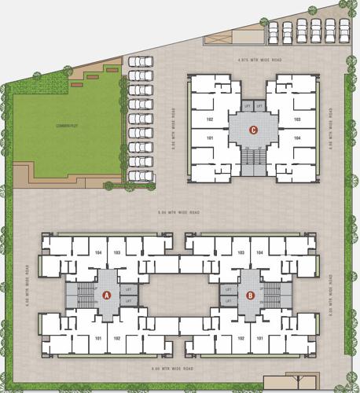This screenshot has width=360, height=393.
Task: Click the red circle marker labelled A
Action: (x=106, y=296)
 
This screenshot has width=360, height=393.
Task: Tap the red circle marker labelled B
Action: (x=250, y=296)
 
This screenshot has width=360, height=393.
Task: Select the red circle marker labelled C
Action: (x=253, y=130)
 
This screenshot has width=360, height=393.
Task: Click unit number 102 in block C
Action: (x=210, y=119)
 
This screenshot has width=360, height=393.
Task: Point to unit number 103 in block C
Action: (x=297, y=119)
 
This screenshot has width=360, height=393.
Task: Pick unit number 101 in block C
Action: (x=210, y=138)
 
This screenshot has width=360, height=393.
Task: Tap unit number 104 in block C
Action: (x=297, y=138)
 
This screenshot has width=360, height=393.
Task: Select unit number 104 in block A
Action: (x=98, y=252)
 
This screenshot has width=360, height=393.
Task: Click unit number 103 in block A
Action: (x=117, y=252)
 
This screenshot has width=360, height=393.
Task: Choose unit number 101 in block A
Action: (x=98, y=339)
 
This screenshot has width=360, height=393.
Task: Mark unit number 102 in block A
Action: (x=116, y=339)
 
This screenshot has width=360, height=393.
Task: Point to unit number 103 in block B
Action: (x=241, y=252)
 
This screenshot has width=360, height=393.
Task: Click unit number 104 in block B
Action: (x=259, y=252)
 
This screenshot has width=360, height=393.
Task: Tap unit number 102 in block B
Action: (x=241, y=339)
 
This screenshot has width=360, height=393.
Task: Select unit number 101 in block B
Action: (x=259, y=339)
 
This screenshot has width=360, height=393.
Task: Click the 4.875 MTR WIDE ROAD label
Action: (x=254, y=60)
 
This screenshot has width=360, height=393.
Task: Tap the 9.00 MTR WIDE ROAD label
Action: (x=179, y=212)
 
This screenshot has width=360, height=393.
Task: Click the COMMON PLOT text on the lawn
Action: (x=64, y=125)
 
